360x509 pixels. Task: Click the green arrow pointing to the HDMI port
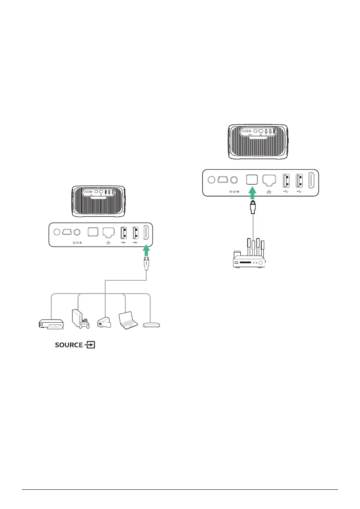tap(147, 250)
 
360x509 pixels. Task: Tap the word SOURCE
tap(69, 345)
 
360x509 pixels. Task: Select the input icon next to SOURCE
tap(90, 345)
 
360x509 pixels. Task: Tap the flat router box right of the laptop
tap(152, 325)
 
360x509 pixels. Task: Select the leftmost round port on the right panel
tap(210, 179)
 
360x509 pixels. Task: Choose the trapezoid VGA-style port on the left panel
tap(67, 232)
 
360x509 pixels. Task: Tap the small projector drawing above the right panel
tap(258, 142)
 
